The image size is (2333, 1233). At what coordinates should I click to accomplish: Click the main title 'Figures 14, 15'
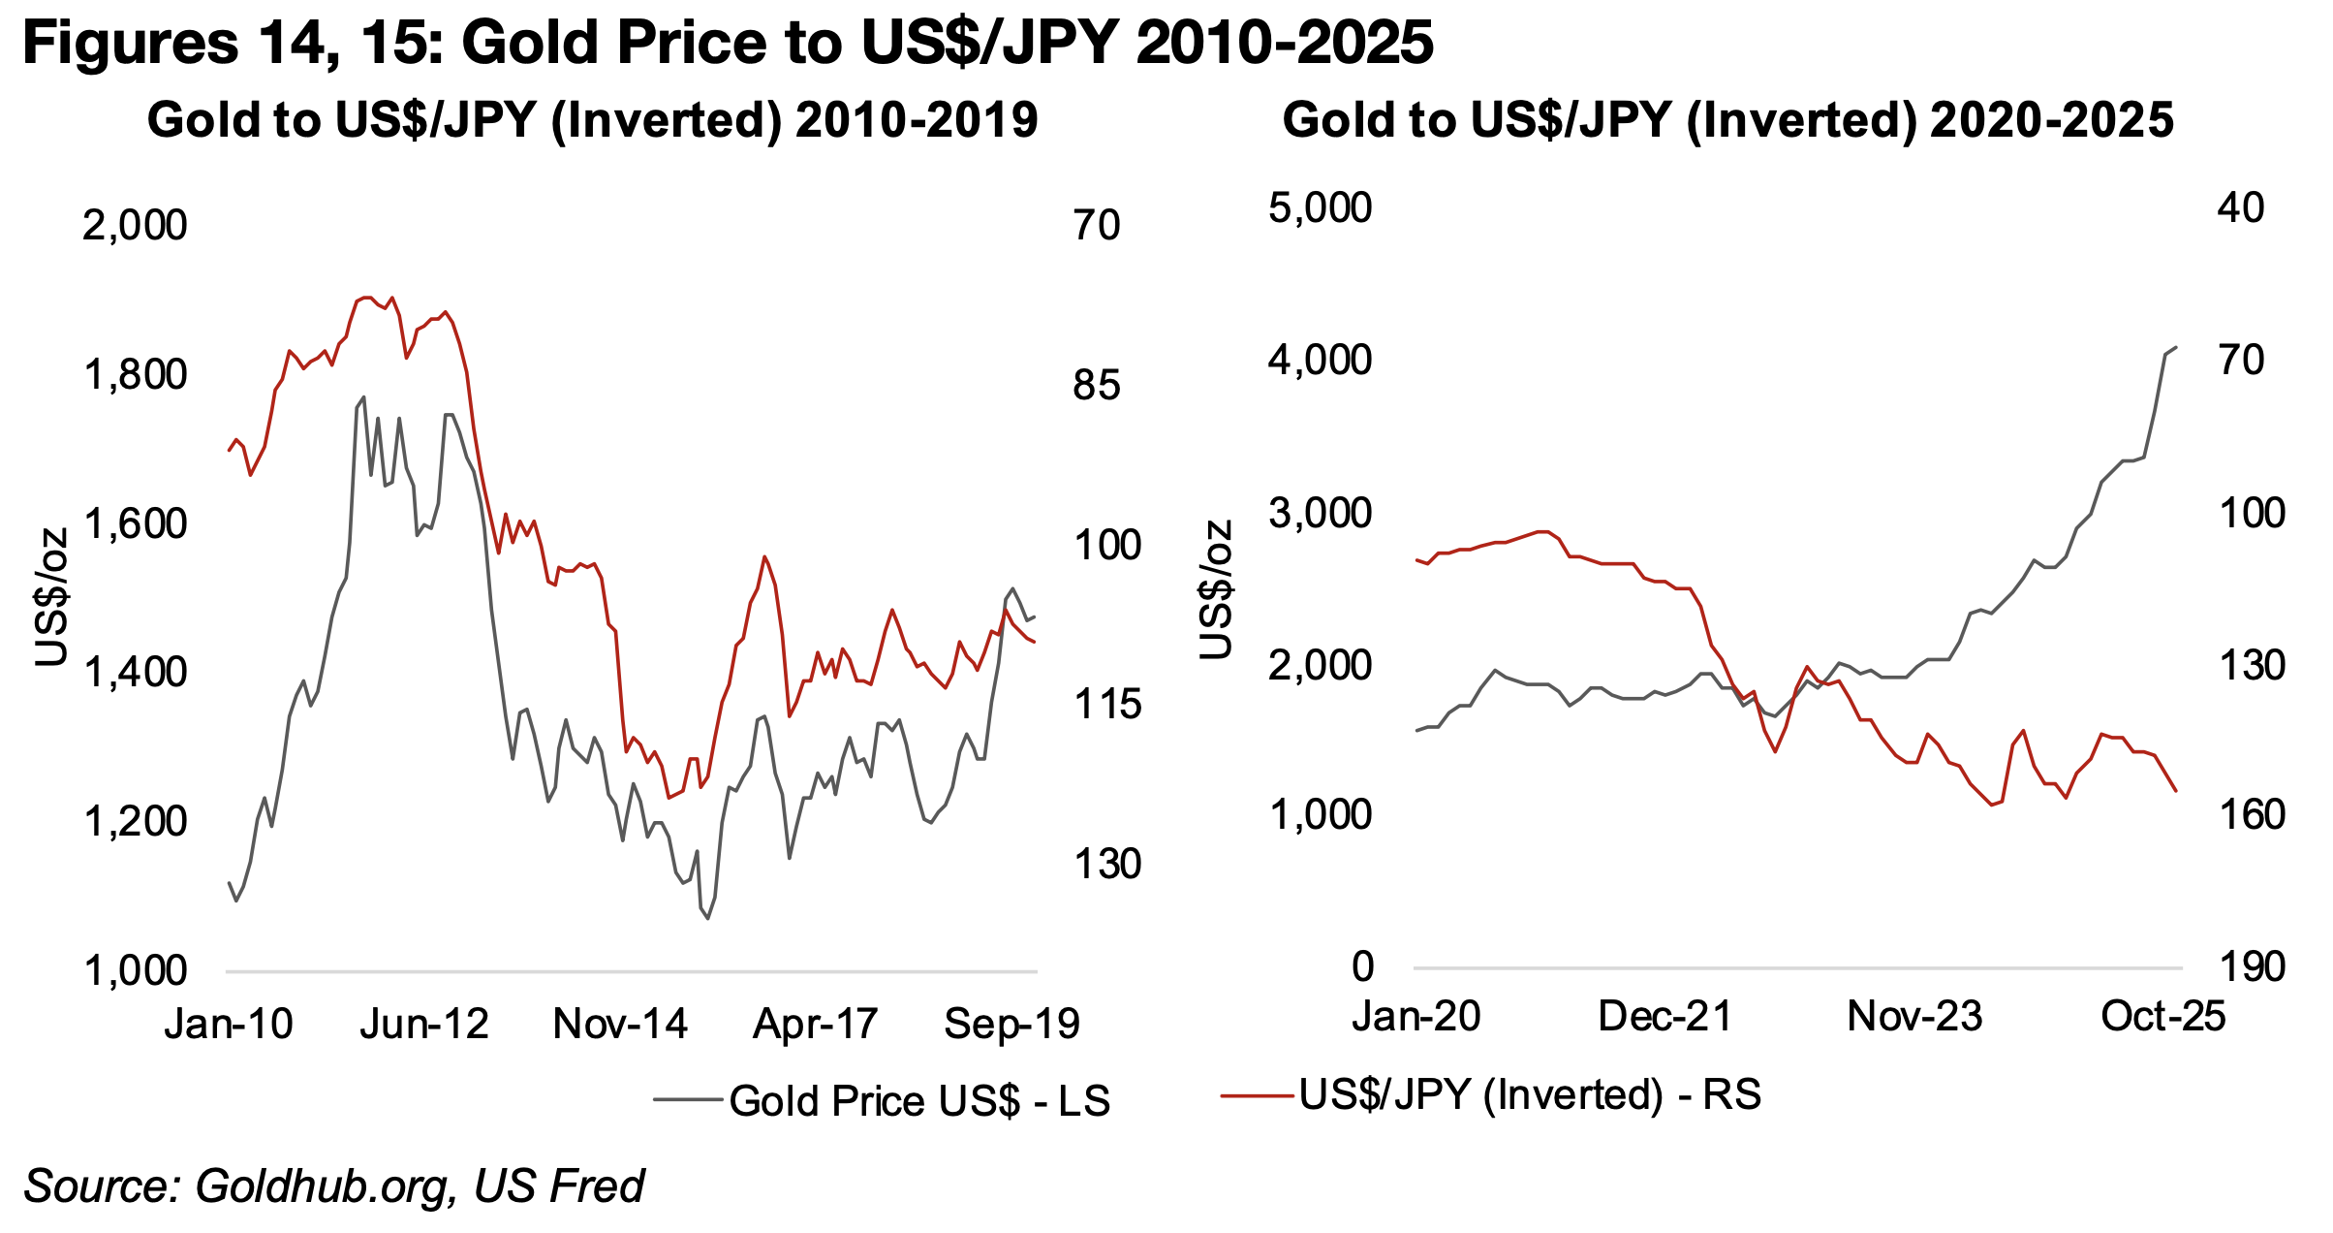click(x=727, y=43)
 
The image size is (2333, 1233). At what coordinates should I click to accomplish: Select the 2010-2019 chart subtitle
click(x=592, y=121)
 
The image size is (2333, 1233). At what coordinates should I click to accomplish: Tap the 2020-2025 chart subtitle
click(x=1728, y=121)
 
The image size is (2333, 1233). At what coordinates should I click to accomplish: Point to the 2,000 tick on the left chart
click(x=135, y=226)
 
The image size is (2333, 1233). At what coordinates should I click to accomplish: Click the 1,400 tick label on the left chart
click(x=135, y=672)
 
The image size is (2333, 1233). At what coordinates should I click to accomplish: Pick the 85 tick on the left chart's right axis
click(x=1096, y=386)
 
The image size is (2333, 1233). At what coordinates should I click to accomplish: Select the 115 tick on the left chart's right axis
click(x=1107, y=705)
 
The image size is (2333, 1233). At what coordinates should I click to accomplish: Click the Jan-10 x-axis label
click(x=229, y=1024)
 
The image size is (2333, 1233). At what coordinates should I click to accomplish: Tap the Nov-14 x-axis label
click(x=620, y=1024)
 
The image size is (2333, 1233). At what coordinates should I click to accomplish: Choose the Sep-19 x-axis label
click(x=1011, y=1024)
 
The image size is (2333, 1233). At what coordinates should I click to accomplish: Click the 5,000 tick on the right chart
click(x=1320, y=208)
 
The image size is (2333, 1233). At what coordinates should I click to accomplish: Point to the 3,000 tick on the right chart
click(x=1320, y=513)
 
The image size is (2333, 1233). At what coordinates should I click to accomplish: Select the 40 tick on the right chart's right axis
click(x=2240, y=208)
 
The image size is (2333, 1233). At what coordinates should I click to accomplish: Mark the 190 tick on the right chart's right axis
click(x=2251, y=966)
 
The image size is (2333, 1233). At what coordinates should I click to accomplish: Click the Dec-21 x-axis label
click(x=1664, y=1016)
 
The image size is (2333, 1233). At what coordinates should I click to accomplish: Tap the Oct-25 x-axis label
click(x=2162, y=1016)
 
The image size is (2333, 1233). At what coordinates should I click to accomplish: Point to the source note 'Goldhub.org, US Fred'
click(x=334, y=1186)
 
